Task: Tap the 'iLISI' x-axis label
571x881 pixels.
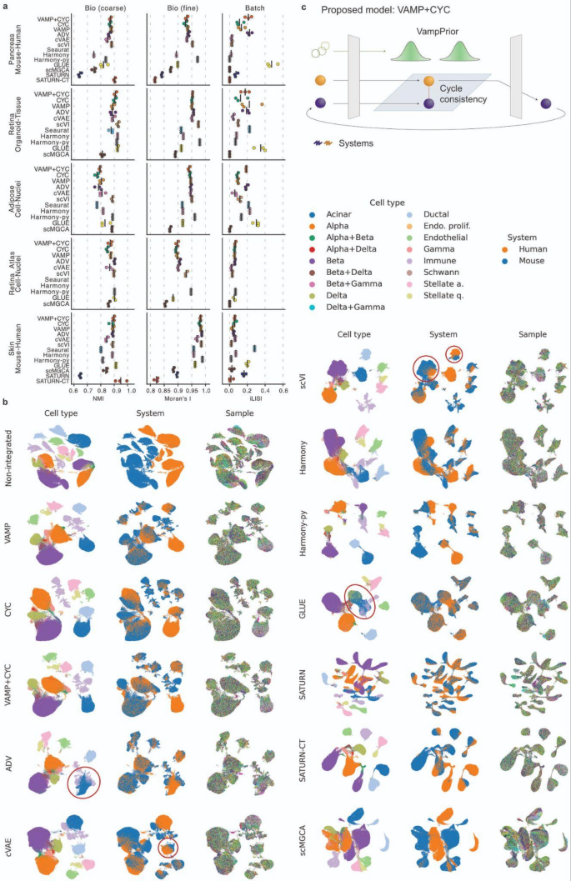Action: pos(255,398)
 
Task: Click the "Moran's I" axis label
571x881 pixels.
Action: pos(179,398)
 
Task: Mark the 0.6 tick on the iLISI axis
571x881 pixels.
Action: pos(283,389)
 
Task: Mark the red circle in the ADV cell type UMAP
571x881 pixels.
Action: pos(83,783)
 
